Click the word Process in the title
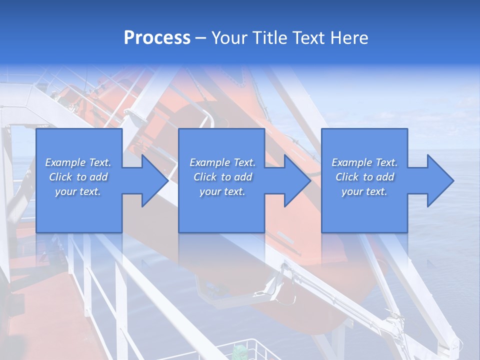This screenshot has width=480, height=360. [157, 38]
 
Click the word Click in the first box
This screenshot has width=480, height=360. [60, 177]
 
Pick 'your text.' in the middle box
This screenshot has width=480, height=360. [222, 191]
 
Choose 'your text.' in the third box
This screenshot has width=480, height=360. [364, 191]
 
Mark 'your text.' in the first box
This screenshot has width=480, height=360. [77, 191]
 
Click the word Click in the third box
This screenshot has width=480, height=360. [347, 177]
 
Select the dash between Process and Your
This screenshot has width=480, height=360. [201, 38]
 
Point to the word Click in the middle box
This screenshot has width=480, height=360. [205, 177]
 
